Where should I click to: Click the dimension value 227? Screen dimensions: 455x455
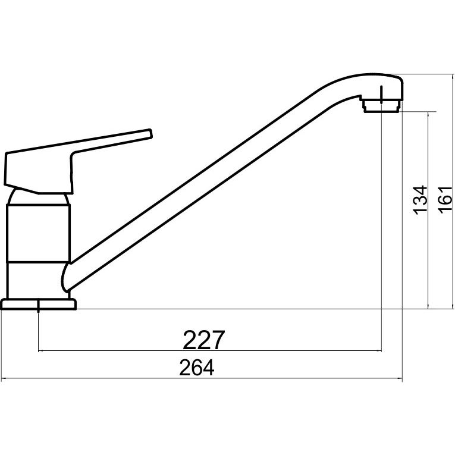(x=203, y=340)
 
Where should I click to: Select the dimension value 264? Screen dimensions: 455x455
(x=197, y=368)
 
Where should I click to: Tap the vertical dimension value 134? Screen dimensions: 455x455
(x=421, y=200)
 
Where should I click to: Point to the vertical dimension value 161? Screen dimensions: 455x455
(x=445, y=200)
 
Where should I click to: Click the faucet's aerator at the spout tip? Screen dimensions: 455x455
(x=381, y=106)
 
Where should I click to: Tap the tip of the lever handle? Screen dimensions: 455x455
(x=150, y=133)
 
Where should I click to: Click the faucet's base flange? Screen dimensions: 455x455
(x=39, y=305)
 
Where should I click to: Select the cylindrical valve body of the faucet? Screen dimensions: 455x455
(x=38, y=233)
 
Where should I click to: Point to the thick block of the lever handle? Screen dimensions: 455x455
(x=39, y=172)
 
